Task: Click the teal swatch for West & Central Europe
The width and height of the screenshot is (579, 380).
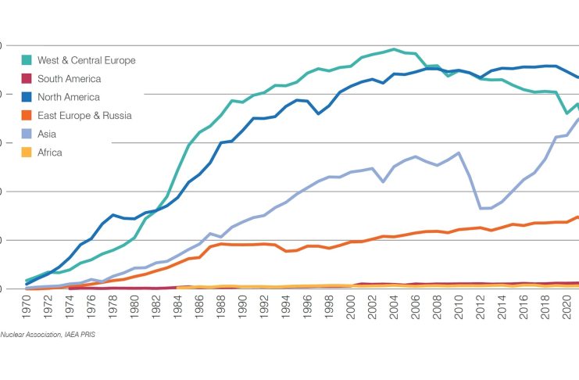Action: (x=27, y=60)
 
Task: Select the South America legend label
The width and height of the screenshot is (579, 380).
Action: (x=68, y=79)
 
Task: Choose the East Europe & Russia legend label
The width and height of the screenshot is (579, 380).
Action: (x=84, y=116)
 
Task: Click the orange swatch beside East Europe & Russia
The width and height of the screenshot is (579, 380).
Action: (x=27, y=116)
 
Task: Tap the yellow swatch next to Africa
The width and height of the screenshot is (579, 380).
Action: (x=27, y=152)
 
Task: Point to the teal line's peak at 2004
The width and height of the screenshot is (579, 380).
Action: (x=393, y=49)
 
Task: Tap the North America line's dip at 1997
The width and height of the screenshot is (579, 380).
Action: (x=317, y=114)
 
